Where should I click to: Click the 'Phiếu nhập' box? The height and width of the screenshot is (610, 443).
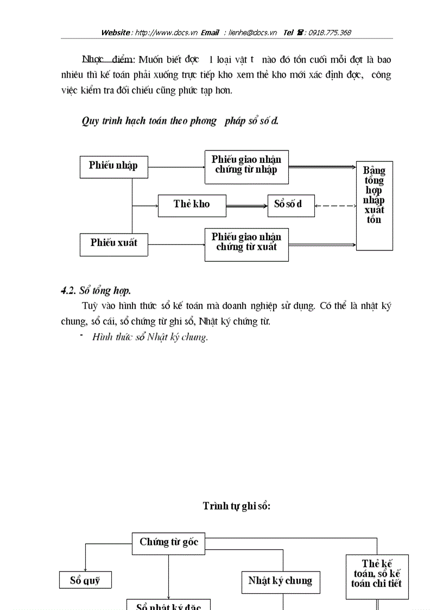113,166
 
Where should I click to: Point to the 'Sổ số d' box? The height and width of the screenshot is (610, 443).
290,205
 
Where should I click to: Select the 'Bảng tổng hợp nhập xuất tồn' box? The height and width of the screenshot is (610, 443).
374,205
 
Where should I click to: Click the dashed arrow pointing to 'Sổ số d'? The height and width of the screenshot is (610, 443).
335,205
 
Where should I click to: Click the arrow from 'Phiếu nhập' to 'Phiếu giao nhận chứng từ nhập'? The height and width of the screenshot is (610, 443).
176,167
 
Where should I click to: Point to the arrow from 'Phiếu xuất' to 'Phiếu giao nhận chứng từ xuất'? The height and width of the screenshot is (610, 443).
176,244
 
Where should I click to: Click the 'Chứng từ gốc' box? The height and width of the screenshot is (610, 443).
168,543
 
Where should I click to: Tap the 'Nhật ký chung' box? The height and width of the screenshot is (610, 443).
280,581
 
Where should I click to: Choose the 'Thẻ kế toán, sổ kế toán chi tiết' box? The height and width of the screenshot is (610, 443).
377,576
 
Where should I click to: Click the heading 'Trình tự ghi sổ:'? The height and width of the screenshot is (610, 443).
236,506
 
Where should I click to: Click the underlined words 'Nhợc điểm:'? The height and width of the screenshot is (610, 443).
108,59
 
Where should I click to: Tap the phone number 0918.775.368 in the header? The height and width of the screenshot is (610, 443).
330,33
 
